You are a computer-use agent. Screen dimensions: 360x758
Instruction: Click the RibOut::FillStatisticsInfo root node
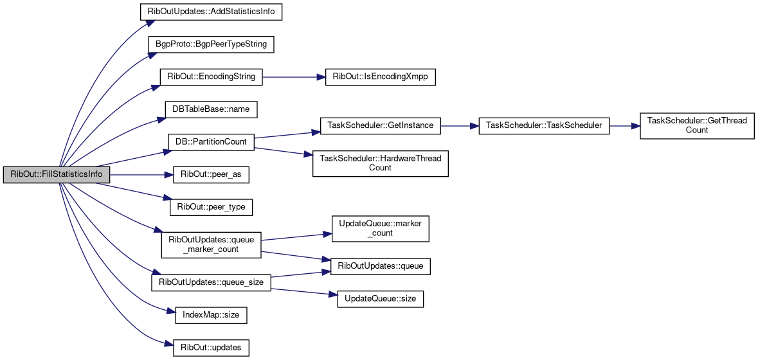(57, 174)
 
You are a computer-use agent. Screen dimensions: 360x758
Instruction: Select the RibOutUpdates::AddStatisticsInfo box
(212, 12)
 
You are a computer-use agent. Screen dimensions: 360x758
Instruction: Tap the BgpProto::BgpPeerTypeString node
(212, 44)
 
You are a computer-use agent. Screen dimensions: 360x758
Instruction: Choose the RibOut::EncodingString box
(211, 76)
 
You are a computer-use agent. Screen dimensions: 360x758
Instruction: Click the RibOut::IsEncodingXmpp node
(381, 76)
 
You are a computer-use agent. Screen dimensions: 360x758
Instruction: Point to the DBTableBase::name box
(211, 109)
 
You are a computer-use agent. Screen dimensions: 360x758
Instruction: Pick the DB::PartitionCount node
(211, 141)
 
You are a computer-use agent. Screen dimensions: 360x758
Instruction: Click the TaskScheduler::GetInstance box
(380, 125)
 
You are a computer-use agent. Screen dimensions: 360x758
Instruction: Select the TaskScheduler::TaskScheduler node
(544, 125)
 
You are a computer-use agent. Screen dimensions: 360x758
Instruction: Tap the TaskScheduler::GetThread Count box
(696, 125)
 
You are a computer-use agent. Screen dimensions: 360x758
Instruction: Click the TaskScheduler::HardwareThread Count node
(380, 163)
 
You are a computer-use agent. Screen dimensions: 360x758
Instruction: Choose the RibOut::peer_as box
(211, 174)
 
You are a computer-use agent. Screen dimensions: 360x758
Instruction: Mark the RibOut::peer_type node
(211, 207)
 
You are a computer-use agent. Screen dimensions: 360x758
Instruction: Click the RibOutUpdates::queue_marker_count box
(211, 244)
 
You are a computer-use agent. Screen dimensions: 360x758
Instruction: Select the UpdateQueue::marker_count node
(380, 228)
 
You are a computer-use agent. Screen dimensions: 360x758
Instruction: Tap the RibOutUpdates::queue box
(380, 266)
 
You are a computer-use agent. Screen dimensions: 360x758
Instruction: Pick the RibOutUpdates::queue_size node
(211, 282)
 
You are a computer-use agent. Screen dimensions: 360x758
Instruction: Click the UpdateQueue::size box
(380, 299)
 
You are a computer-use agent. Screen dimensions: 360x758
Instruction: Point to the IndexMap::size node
(211, 315)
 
